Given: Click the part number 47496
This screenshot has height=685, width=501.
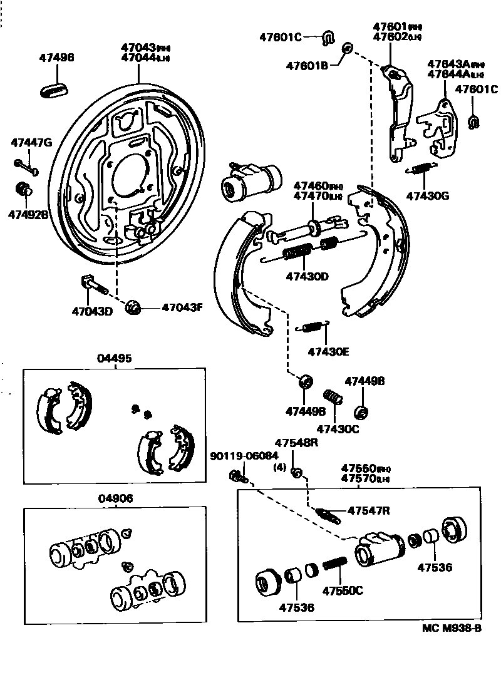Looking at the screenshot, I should click(x=56, y=58).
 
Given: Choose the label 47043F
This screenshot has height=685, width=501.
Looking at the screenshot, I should click(x=183, y=307).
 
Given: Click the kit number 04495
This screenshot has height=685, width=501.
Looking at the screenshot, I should click(x=115, y=359).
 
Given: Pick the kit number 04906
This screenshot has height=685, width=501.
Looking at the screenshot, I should click(x=115, y=498).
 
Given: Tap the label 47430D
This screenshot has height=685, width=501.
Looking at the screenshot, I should click(x=307, y=276).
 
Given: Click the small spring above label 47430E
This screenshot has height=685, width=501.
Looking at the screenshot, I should click(x=311, y=327).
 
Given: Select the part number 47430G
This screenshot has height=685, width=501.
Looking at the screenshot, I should click(x=428, y=195).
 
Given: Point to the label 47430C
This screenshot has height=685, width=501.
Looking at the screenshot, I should click(x=338, y=429).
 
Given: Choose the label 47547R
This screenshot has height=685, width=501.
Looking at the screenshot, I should click(x=369, y=510).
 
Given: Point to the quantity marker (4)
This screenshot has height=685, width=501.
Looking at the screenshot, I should click(x=280, y=466).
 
